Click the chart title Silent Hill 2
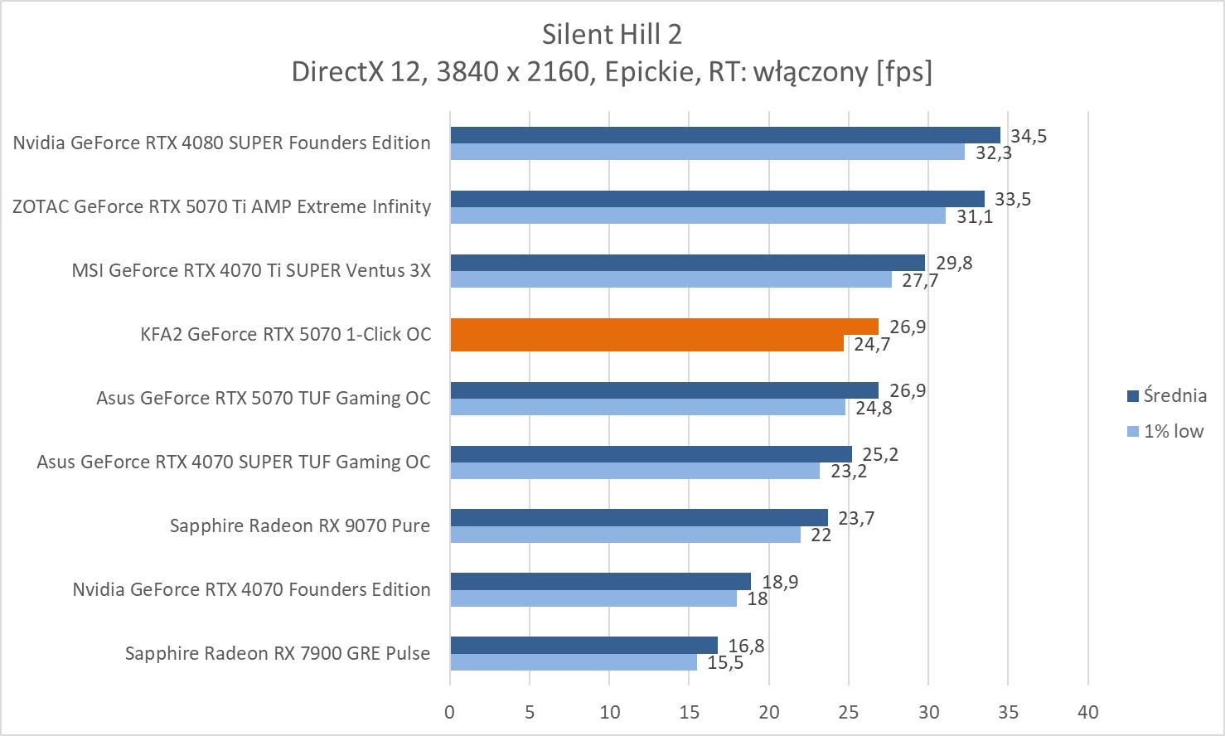(x=612, y=34)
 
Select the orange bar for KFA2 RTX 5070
(x=663, y=327)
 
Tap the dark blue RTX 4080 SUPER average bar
(x=724, y=135)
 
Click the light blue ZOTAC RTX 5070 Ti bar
(x=697, y=215)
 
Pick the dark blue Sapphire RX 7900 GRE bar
(x=583, y=645)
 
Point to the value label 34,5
(x=1028, y=136)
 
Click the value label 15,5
(x=725, y=663)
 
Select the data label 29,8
(x=954, y=263)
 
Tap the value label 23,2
(x=847, y=472)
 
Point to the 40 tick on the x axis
(x=1087, y=712)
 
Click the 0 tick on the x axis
(x=450, y=712)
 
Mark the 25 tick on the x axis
(x=849, y=712)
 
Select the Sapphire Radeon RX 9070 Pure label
(x=299, y=525)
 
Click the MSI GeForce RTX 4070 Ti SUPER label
(x=251, y=270)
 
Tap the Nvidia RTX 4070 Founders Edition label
(x=251, y=589)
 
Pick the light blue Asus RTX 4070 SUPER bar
(x=634, y=471)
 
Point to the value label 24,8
(x=873, y=408)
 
